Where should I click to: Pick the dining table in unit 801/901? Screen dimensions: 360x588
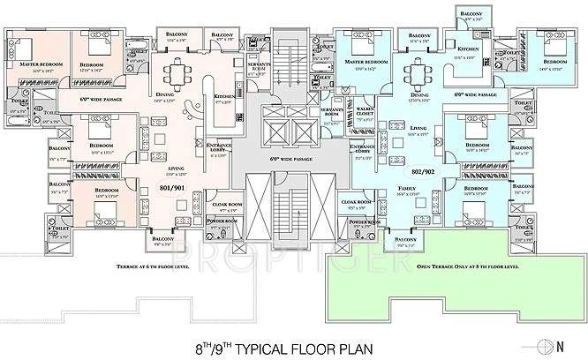(178, 72)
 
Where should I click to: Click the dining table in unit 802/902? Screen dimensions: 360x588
(415, 71)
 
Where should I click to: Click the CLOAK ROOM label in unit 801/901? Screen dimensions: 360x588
(216, 204)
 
